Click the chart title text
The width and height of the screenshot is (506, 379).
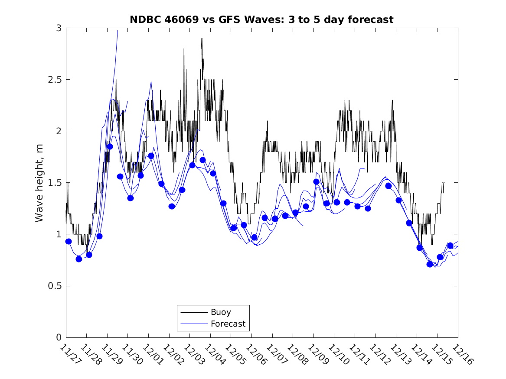coord(261,19)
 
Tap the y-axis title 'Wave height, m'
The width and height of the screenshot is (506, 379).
coord(39,183)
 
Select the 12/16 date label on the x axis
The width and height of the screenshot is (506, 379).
coord(461,354)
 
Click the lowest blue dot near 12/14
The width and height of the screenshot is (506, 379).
coord(430,264)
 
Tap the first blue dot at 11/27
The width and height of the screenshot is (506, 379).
coord(69,241)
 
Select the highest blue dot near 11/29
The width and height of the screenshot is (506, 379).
coord(110,147)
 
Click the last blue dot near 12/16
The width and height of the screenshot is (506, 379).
coord(450,246)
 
